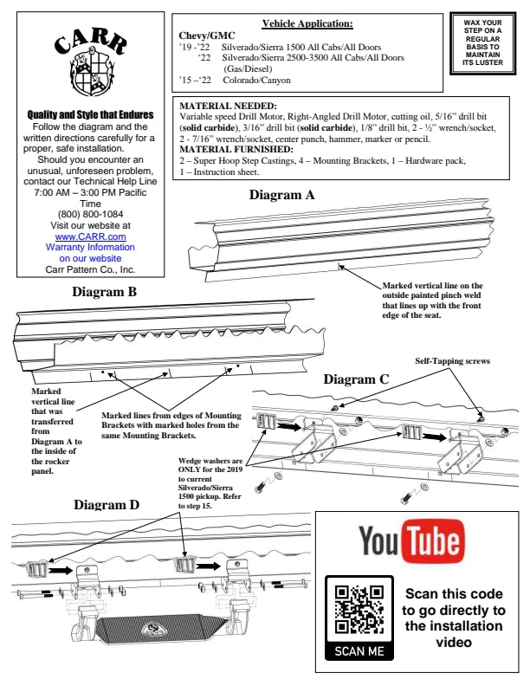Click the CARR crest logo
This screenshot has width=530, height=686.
coord(91,61)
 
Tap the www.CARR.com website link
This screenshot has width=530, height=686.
coord(91,236)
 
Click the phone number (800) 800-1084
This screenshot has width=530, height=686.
coord(91,213)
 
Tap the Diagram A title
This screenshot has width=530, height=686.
coord(282,195)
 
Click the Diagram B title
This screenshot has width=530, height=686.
coord(103,292)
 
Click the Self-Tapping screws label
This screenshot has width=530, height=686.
coord(448,361)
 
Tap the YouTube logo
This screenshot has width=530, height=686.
coord(410,542)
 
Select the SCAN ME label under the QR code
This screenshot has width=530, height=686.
coord(359,651)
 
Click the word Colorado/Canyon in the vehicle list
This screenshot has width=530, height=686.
coord(257,80)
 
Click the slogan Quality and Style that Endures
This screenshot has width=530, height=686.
coord(91,113)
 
